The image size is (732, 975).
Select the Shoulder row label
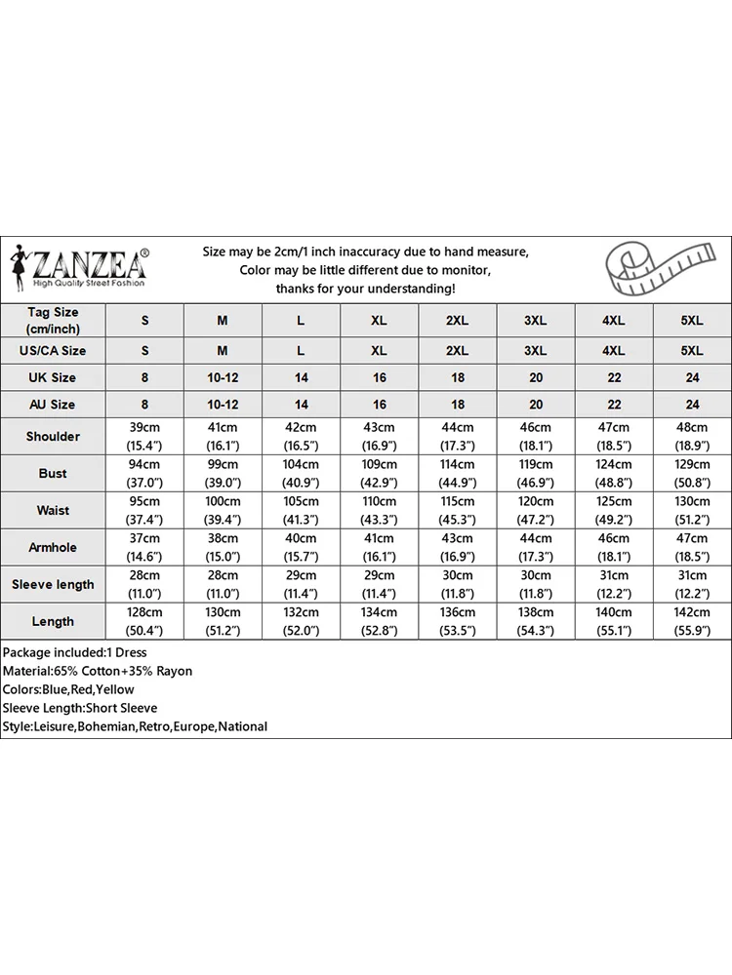point(53,436)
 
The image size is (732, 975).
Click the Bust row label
point(53,473)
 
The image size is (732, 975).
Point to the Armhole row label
point(53,547)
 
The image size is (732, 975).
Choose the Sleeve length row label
point(53,584)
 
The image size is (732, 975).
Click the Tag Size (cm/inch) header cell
point(53,320)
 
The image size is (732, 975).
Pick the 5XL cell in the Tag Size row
point(692,320)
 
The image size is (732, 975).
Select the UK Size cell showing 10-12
point(223,377)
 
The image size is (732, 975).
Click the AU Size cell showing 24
point(692,404)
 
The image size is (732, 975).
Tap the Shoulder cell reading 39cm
point(145,436)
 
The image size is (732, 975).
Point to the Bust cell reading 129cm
point(692,473)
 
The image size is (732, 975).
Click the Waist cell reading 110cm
point(379,510)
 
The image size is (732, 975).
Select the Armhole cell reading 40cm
point(301,547)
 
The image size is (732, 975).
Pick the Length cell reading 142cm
point(692,621)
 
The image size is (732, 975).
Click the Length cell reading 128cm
point(145,621)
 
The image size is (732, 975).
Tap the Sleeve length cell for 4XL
point(614,584)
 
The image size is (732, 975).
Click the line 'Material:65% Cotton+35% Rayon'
point(98,671)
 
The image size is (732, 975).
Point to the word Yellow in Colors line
point(115,689)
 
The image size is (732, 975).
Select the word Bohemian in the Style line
point(107,726)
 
